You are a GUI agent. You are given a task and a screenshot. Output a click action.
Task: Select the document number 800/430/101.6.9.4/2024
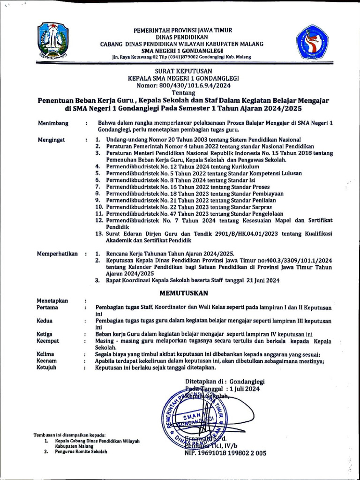[193, 86]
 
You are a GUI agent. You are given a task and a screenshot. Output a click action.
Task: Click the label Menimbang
[53, 123]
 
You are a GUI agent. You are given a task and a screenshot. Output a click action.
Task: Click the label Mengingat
[52, 140]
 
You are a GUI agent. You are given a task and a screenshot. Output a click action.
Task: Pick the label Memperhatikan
[57, 254]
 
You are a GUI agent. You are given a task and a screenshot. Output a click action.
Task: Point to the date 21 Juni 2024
[262, 280]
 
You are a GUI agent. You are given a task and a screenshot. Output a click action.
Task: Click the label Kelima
[45, 354]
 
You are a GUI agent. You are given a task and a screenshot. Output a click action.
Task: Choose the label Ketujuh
[46, 368]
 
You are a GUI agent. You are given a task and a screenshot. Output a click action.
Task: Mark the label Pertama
[47, 307]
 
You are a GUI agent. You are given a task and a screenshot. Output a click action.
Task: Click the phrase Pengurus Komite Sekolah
[81, 452]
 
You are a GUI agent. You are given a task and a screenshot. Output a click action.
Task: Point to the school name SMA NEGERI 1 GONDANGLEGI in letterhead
[182, 51]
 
